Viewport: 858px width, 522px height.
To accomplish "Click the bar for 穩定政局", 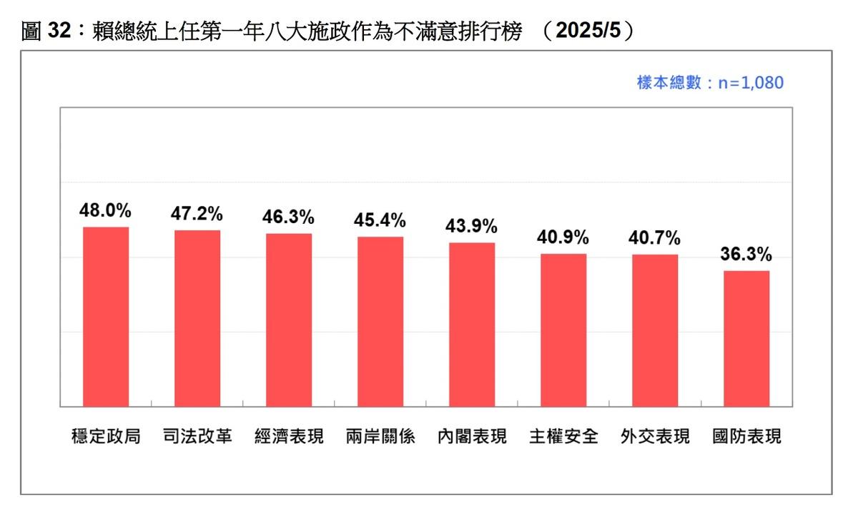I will [106, 317].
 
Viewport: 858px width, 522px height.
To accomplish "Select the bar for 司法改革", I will [197, 318].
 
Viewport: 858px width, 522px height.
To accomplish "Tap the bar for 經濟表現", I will [289, 320].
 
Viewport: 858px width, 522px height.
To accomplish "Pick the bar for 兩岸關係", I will [380, 321].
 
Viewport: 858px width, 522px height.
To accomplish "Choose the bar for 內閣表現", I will [472, 324].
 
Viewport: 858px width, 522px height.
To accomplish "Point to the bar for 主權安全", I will [563, 330].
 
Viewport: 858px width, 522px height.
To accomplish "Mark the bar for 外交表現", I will [655, 330].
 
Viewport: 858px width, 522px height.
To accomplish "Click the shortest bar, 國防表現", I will [746, 338].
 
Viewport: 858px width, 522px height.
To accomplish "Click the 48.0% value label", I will [106, 211].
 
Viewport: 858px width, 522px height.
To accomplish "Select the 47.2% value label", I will [197, 214].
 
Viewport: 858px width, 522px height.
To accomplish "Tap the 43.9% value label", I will [472, 227].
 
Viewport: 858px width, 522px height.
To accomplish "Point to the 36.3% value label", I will [746, 255].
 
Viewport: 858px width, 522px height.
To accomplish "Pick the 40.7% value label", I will [655, 238].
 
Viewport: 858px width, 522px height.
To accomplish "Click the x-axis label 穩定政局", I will [106, 436].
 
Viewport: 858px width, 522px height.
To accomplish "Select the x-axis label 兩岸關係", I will [380, 436].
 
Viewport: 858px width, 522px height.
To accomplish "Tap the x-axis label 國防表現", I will [746, 436].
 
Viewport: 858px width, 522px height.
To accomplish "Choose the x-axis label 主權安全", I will [563, 436].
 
